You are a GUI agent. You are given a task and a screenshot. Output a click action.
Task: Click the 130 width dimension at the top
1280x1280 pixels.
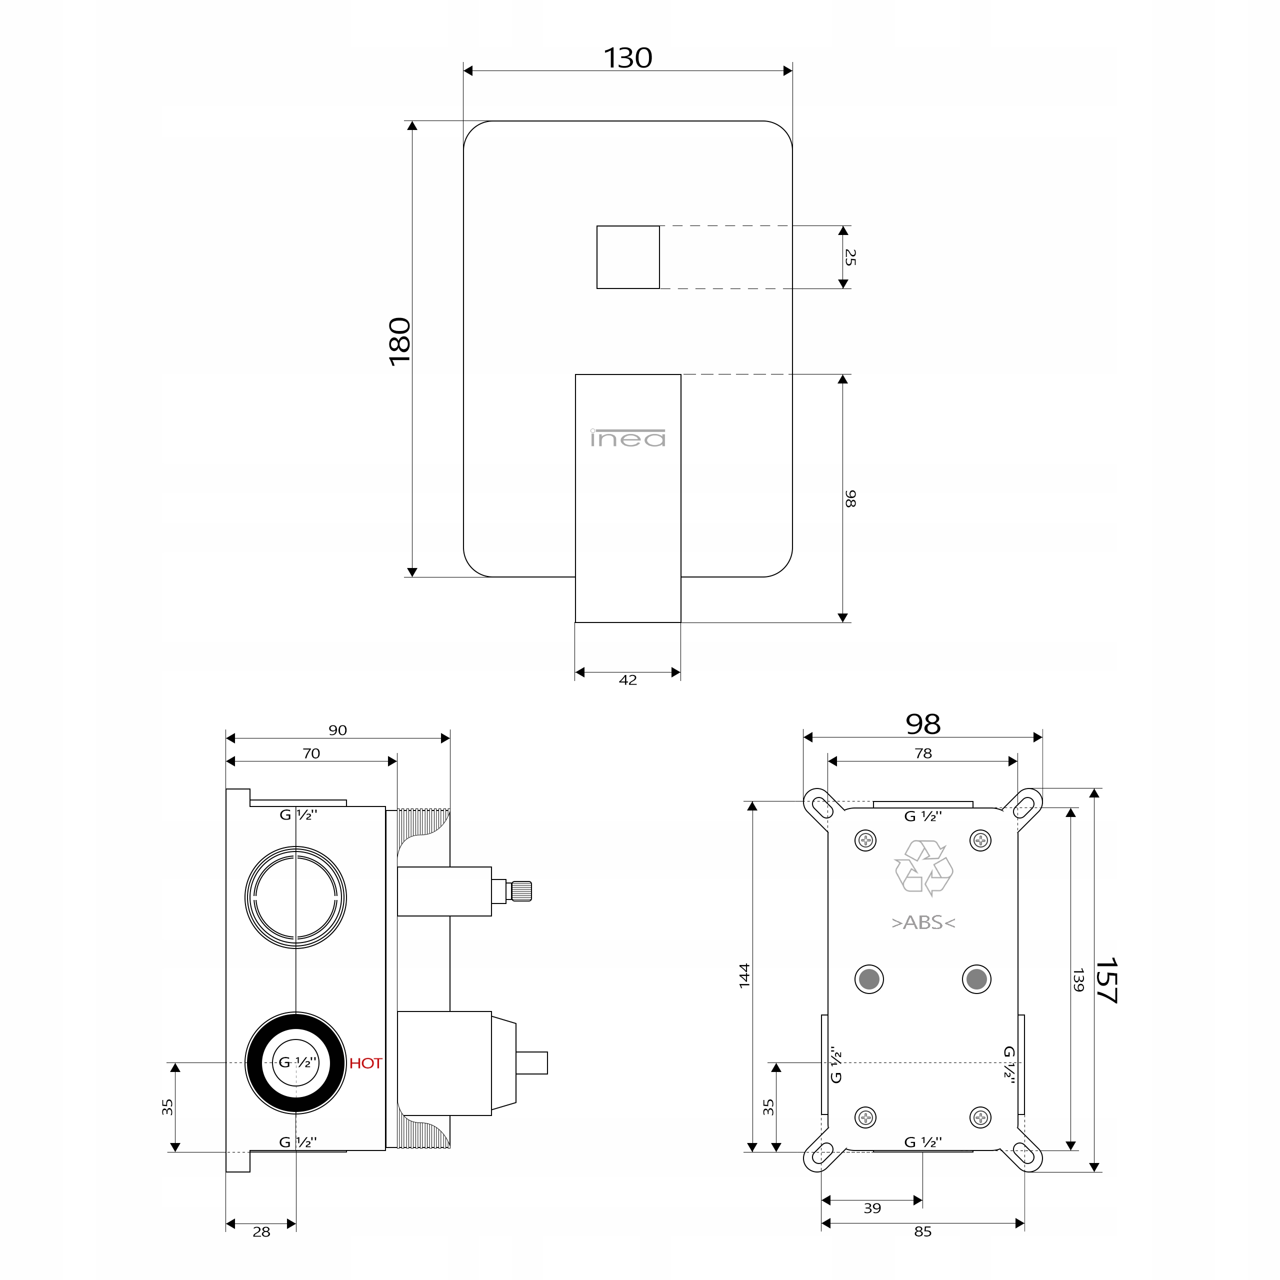pyautogui.click(x=627, y=58)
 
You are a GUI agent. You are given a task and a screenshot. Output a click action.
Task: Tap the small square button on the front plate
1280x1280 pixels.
pyautogui.click(x=627, y=257)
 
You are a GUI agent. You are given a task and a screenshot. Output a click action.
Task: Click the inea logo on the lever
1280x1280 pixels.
pyautogui.click(x=627, y=438)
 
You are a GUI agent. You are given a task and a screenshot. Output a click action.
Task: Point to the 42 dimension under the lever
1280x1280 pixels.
pyautogui.click(x=627, y=680)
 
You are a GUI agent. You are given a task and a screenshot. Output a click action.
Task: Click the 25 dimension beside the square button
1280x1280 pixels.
pyautogui.click(x=850, y=257)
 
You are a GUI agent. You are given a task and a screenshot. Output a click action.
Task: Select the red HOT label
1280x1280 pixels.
pyautogui.click(x=365, y=1063)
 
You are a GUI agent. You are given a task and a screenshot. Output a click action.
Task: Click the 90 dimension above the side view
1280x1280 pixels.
pyautogui.click(x=338, y=730)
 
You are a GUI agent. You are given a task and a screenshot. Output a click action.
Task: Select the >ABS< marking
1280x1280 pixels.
pyautogui.click(x=923, y=922)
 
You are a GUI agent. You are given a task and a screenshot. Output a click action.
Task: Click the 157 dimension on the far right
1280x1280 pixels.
pyautogui.click(x=1106, y=980)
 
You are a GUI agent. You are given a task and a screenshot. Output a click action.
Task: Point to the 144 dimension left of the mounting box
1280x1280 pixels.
pyautogui.click(x=744, y=976)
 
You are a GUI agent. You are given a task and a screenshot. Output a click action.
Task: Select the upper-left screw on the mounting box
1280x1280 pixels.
pyautogui.click(x=866, y=840)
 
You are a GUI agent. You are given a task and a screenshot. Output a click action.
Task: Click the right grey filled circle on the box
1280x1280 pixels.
pyautogui.click(x=976, y=979)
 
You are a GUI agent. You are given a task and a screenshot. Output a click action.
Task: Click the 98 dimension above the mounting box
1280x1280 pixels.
pyautogui.click(x=923, y=724)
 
